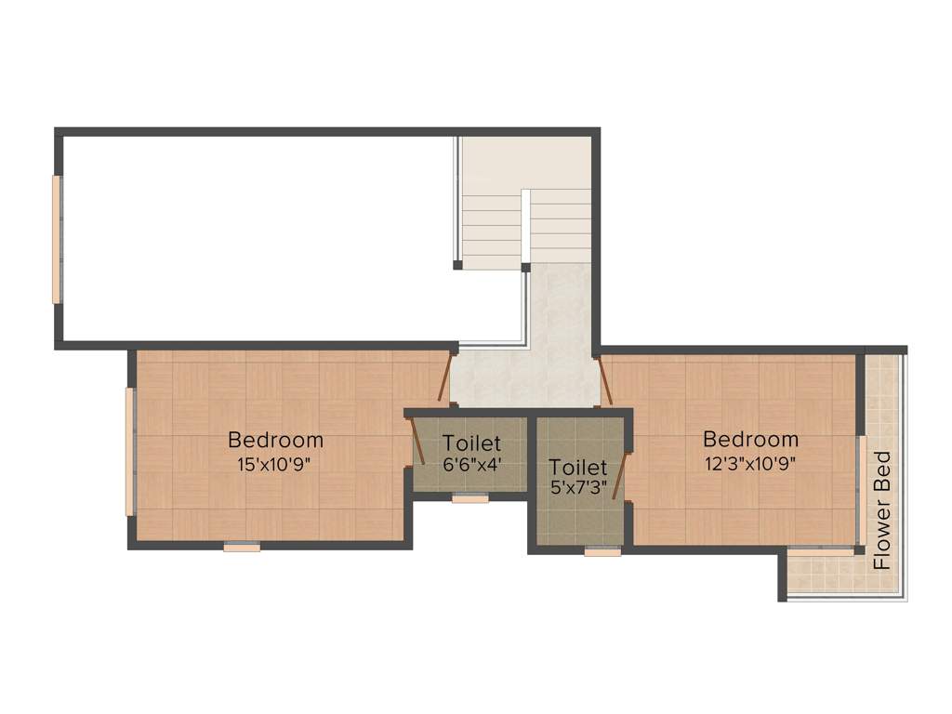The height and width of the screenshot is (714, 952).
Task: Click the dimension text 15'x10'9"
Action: pos(275,464)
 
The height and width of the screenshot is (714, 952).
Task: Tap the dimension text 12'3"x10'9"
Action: pos(750,462)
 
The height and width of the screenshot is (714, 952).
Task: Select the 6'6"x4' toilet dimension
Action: pos(471,464)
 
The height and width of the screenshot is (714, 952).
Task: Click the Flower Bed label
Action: pos(882,509)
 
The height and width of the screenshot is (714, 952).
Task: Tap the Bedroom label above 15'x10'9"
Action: pos(275,440)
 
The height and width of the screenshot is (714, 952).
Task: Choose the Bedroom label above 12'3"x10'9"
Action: pos(750,439)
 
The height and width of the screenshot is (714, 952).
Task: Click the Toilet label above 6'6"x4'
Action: pos(471,443)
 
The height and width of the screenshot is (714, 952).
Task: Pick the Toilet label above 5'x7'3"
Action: pos(578,467)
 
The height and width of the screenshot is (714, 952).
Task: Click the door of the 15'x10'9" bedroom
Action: pos(445,377)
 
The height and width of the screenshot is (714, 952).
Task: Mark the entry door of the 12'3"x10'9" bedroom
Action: pos(606,381)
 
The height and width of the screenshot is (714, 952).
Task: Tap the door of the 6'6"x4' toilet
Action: pos(417,442)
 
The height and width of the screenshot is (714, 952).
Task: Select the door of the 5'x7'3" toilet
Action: pos(621,477)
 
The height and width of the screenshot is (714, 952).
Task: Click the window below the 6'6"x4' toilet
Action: pos(470,499)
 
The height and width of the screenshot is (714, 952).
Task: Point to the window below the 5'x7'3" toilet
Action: pos(602,551)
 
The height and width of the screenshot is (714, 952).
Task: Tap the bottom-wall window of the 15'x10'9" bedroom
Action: pos(242,548)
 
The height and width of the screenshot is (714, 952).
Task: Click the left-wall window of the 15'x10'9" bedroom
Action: pos(130,451)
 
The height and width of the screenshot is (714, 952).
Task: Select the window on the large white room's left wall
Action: pos(56,240)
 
